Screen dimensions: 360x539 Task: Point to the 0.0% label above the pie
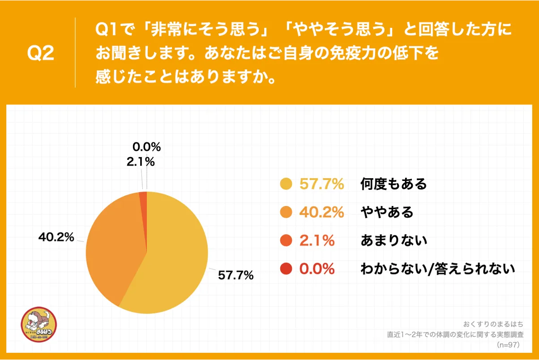(146, 147)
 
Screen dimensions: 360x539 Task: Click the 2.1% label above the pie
(141, 162)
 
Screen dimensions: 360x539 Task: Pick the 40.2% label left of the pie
(56, 238)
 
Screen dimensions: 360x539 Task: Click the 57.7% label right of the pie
(236, 275)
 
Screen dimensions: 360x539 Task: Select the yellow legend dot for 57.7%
(286, 184)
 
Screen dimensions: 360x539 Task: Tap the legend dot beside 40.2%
(286, 212)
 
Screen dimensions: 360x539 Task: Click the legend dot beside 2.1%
(286, 241)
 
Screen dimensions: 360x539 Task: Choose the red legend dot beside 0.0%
(286, 269)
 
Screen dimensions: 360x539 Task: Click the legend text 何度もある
(394, 184)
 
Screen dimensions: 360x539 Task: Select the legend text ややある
(387, 212)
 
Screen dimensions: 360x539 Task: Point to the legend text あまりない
(394, 241)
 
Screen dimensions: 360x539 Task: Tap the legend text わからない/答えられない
(438, 269)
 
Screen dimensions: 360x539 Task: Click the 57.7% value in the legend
(321, 184)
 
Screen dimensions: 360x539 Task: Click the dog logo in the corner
(39, 325)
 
